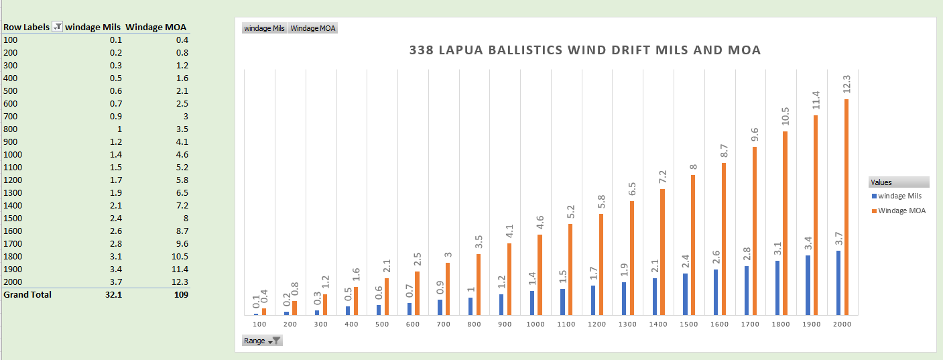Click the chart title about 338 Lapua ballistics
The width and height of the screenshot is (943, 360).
pyautogui.click(x=584, y=50)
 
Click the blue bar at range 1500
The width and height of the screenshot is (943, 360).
pyautogui.click(x=685, y=294)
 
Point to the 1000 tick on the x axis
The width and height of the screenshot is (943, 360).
pyautogui.click(x=536, y=324)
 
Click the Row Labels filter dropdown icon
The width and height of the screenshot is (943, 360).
pyautogui.click(x=57, y=27)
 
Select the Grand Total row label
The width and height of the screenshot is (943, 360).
pyautogui.click(x=27, y=294)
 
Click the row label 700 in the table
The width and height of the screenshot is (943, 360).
pyautogui.click(x=11, y=116)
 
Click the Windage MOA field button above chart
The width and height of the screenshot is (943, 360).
pyautogui.click(x=313, y=28)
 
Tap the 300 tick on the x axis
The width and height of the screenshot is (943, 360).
pyautogui.click(x=320, y=324)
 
